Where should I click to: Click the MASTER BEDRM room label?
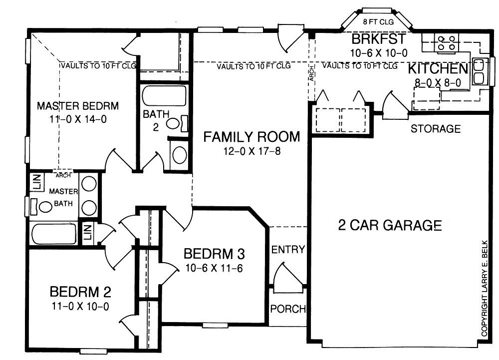click(x=78, y=106)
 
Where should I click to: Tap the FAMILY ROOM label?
click(x=251, y=137)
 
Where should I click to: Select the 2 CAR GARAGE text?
click(x=390, y=225)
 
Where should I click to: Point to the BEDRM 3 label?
click(x=214, y=254)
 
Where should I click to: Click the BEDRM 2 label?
click(x=80, y=292)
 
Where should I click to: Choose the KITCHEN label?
click(x=438, y=69)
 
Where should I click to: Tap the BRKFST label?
click(x=379, y=39)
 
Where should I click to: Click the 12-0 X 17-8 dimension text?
click(x=251, y=151)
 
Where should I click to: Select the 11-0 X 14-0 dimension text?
click(x=78, y=119)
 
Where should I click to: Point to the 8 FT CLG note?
click(x=378, y=21)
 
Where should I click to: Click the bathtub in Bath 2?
click(x=164, y=95)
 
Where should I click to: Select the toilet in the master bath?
click(x=42, y=207)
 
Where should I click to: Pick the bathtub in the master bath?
click(x=53, y=234)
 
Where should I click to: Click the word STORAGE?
click(x=436, y=129)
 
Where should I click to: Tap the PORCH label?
click(x=288, y=309)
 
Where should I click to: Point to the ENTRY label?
click(x=288, y=250)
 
